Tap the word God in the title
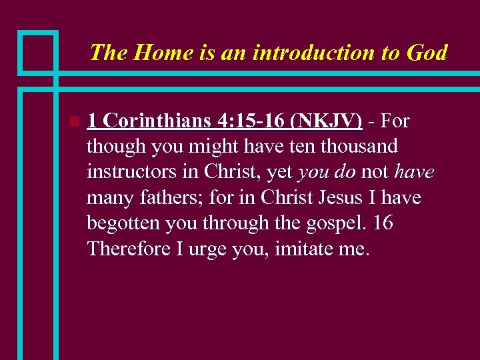[x=425, y=53]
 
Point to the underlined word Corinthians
[x=157, y=121]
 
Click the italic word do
[x=345, y=173]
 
